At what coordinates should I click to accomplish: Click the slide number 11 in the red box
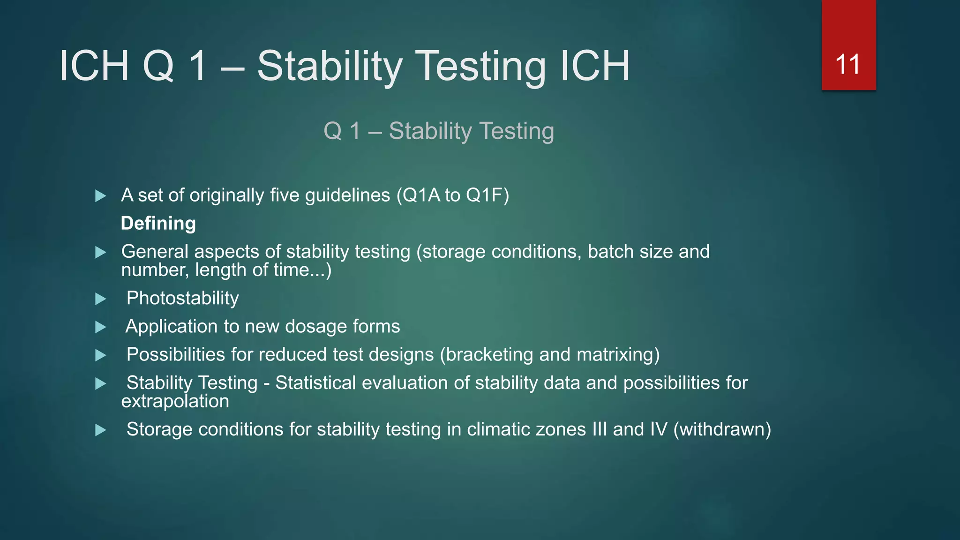[x=848, y=65]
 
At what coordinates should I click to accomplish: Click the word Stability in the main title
[x=330, y=66]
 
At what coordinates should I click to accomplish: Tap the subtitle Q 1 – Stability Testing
[x=439, y=131]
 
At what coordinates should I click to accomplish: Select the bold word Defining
[x=158, y=224]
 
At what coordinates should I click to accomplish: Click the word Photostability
[x=183, y=299]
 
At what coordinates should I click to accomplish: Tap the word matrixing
[x=615, y=355]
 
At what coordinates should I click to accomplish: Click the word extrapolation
[x=175, y=402]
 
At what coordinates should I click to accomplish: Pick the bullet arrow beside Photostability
[x=100, y=299]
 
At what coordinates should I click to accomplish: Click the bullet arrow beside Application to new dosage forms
[x=100, y=327]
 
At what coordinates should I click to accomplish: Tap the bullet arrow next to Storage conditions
[x=100, y=430]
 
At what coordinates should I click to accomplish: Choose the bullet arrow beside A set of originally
[x=100, y=196]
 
